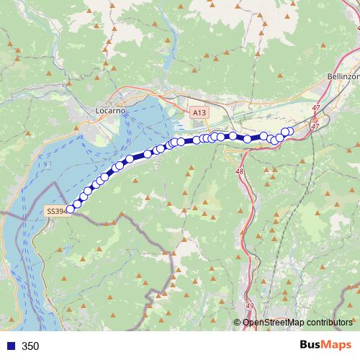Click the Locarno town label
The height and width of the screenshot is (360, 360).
(x=111, y=111)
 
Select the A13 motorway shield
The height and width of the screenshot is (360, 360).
(x=199, y=113)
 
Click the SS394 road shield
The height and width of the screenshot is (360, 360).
(x=55, y=211)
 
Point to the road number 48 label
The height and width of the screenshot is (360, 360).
(x=239, y=171)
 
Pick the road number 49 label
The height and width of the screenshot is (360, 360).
(x=249, y=305)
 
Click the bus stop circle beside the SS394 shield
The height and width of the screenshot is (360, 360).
(x=71, y=210)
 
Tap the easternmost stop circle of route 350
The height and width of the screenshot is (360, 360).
(x=289, y=130)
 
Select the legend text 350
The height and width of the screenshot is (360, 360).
(x=30, y=346)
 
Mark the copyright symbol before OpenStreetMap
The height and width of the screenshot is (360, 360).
(x=238, y=323)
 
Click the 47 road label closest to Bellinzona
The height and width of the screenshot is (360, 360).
(x=315, y=107)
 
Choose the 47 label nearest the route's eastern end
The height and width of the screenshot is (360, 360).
(x=314, y=125)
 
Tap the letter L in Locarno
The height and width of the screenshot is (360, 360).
(x=98, y=111)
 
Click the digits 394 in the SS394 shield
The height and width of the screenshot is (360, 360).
(x=59, y=211)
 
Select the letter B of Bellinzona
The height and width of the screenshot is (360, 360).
(x=328, y=76)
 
